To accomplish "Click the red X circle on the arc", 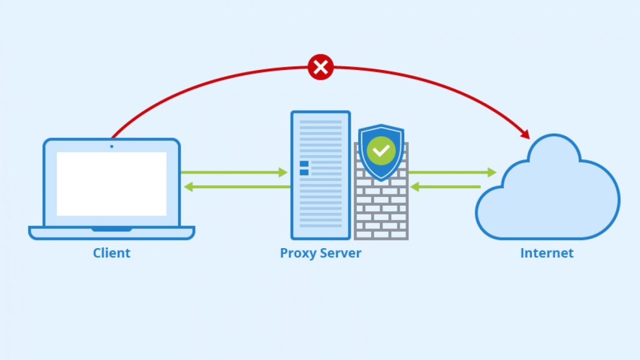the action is click(x=321, y=67).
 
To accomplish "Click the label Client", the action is click(x=111, y=253).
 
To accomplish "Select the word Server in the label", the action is click(x=341, y=253).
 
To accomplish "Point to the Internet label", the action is click(x=546, y=253).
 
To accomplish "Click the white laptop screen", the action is click(x=111, y=184).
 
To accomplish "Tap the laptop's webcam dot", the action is click(x=111, y=146).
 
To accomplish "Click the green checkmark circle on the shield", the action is click(x=381, y=151).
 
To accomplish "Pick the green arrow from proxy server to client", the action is click(x=237, y=187).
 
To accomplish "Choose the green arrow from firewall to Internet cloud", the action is click(x=452, y=172).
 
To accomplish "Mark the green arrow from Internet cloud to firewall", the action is click(x=445, y=187).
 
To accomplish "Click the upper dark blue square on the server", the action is click(x=304, y=164).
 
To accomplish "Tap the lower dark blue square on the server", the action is click(x=304, y=172).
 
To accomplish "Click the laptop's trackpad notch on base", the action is click(x=111, y=229).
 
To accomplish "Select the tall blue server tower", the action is click(x=321, y=175).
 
